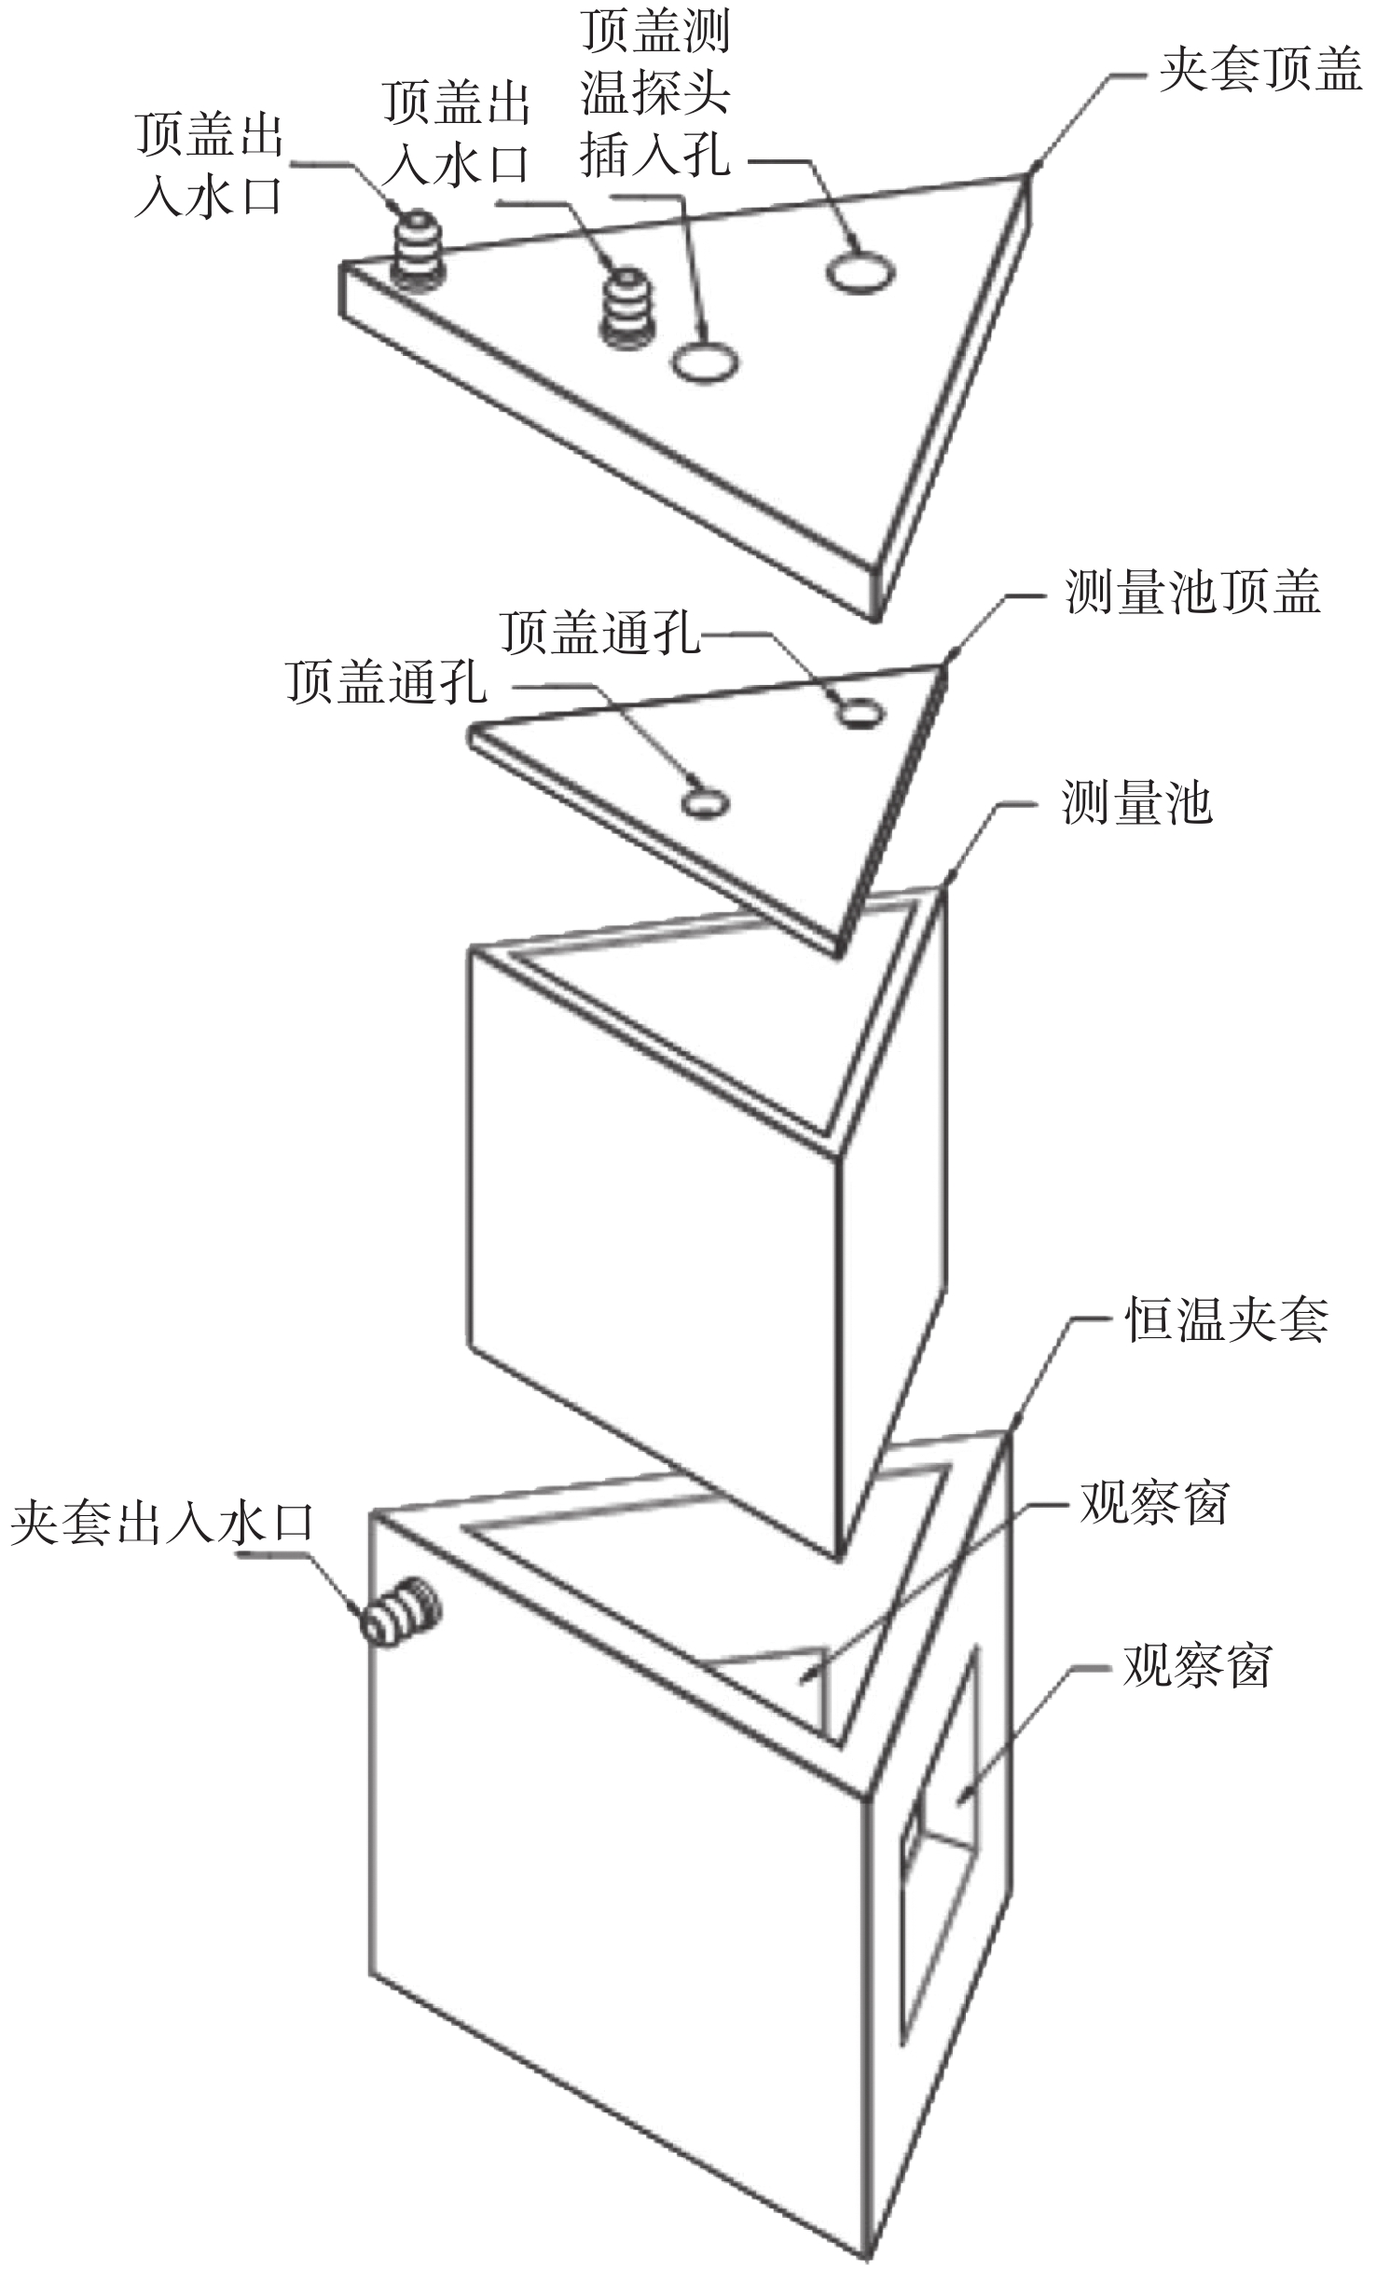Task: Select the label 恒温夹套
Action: [x=1226, y=1319]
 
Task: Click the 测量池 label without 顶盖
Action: [x=1136, y=803]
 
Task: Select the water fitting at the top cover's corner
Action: [x=417, y=245]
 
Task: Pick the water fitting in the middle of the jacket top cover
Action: [x=626, y=308]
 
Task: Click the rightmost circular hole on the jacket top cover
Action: [x=860, y=272]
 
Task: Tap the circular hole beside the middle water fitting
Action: [x=706, y=361]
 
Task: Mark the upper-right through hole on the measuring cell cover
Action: [x=860, y=714]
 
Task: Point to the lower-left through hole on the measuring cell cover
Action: [x=705, y=802]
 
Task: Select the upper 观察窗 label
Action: [x=1154, y=1504]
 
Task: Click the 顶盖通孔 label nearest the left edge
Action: [x=386, y=682]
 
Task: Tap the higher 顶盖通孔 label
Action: [x=599, y=633]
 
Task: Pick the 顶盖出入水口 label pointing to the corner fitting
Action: [x=209, y=166]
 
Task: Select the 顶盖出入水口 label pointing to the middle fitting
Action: [x=457, y=133]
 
